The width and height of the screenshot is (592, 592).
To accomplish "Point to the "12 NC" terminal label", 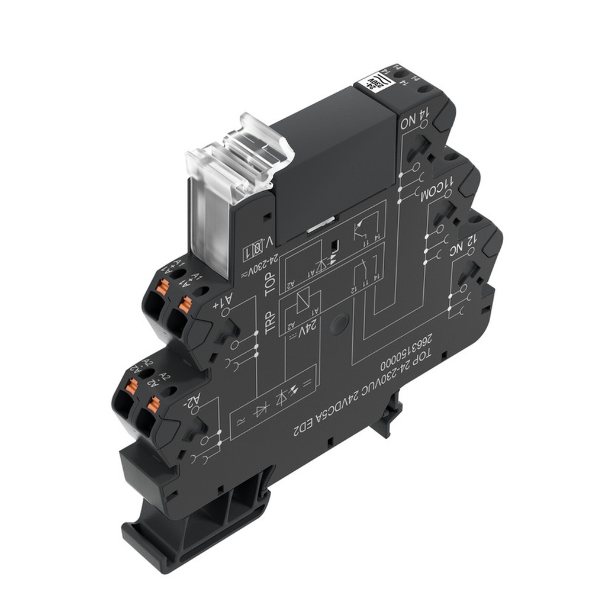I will pos(465,246).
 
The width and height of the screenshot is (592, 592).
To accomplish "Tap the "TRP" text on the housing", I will pos(271,323).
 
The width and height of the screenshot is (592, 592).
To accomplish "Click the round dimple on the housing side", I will pos(339,323).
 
